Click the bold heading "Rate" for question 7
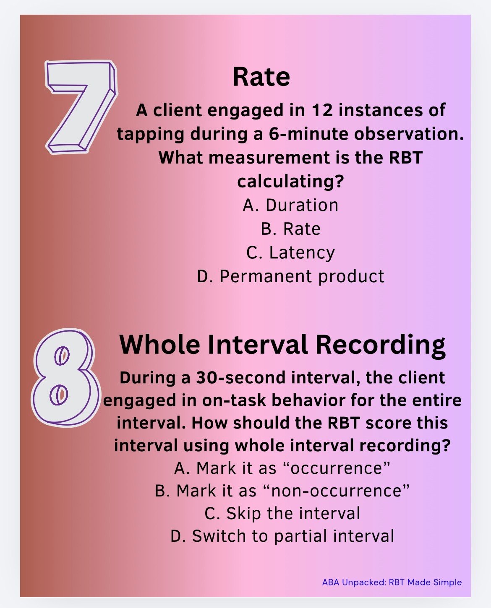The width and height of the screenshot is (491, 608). [x=261, y=77]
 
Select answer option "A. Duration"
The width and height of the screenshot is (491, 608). [x=290, y=205]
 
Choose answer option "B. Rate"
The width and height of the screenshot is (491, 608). [x=290, y=229]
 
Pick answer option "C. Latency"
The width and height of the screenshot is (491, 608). [x=290, y=252]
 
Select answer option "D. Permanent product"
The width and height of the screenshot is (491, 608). [x=290, y=276]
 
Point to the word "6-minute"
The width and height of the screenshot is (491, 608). [x=308, y=134]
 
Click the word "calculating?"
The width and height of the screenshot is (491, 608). [x=290, y=182]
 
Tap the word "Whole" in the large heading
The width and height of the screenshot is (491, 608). [x=159, y=344]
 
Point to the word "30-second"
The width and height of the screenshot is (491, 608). [x=241, y=378]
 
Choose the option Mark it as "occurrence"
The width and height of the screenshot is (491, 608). [x=282, y=468]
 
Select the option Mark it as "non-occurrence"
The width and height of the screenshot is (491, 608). [x=282, y=491]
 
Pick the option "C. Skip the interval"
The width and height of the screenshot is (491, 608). [x=282, y=513]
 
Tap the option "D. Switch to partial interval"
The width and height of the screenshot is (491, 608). [x=282, y=536]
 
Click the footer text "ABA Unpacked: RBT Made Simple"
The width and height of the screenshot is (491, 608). [x=392, y=582]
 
